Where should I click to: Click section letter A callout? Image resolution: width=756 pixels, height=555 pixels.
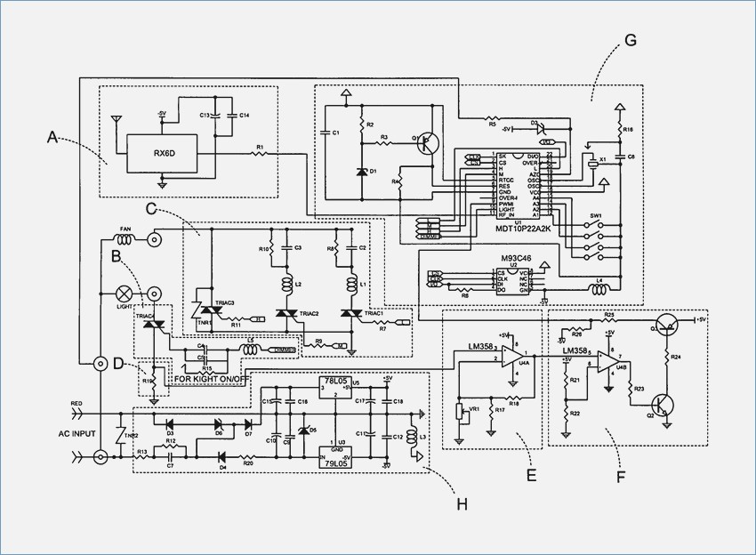pos(52,137)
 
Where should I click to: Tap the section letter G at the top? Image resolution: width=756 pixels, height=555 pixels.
pos(631,40)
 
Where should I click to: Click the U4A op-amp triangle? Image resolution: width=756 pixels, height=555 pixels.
pos(513,356)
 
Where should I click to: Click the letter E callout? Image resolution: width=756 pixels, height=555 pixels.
pos(530,477)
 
